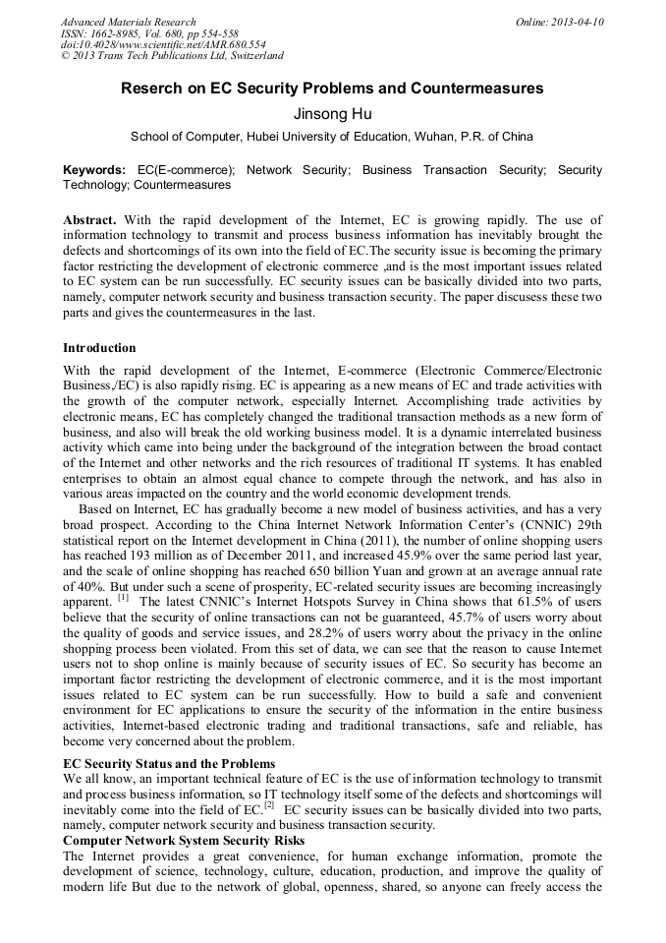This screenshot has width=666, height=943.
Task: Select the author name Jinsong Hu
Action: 332,113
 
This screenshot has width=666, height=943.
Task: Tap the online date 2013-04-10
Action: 579,22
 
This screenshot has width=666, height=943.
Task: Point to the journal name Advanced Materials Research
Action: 128,22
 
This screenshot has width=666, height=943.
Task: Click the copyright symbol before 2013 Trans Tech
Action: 65,57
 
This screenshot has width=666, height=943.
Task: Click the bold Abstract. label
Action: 90,220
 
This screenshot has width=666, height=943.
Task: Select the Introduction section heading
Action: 99,347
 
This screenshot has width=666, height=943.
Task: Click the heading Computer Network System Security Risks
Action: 184,841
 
